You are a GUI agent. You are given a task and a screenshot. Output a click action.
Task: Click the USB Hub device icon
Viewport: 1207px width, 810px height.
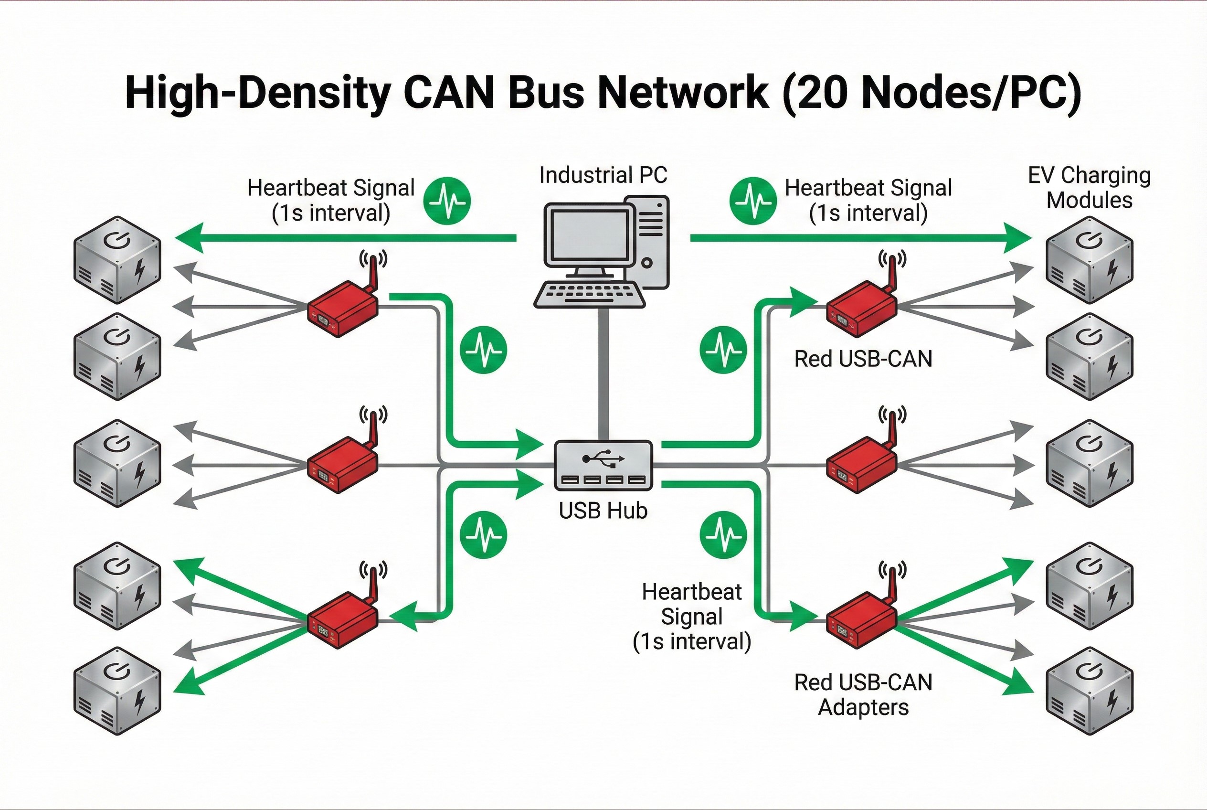603,465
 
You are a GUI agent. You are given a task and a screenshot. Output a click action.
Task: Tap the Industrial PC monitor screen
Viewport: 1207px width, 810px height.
589,235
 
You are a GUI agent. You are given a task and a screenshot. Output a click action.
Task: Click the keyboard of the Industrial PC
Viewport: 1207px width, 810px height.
589,295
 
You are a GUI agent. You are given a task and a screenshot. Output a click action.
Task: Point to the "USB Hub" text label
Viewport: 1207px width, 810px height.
603,511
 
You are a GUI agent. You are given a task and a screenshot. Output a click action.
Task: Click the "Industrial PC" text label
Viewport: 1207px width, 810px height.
603,175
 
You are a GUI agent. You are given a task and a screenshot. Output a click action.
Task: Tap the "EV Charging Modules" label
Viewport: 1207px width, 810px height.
1089,188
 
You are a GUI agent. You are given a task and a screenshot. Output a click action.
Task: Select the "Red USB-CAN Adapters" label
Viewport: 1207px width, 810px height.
863,694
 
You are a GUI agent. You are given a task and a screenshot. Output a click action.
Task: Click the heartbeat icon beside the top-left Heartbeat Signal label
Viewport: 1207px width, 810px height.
447,201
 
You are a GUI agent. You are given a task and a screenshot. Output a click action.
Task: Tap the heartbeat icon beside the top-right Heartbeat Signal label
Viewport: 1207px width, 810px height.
753,201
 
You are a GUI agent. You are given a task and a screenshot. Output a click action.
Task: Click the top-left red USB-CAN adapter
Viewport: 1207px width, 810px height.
342,309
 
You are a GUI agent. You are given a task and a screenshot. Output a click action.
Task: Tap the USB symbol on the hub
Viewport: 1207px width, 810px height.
603,458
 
